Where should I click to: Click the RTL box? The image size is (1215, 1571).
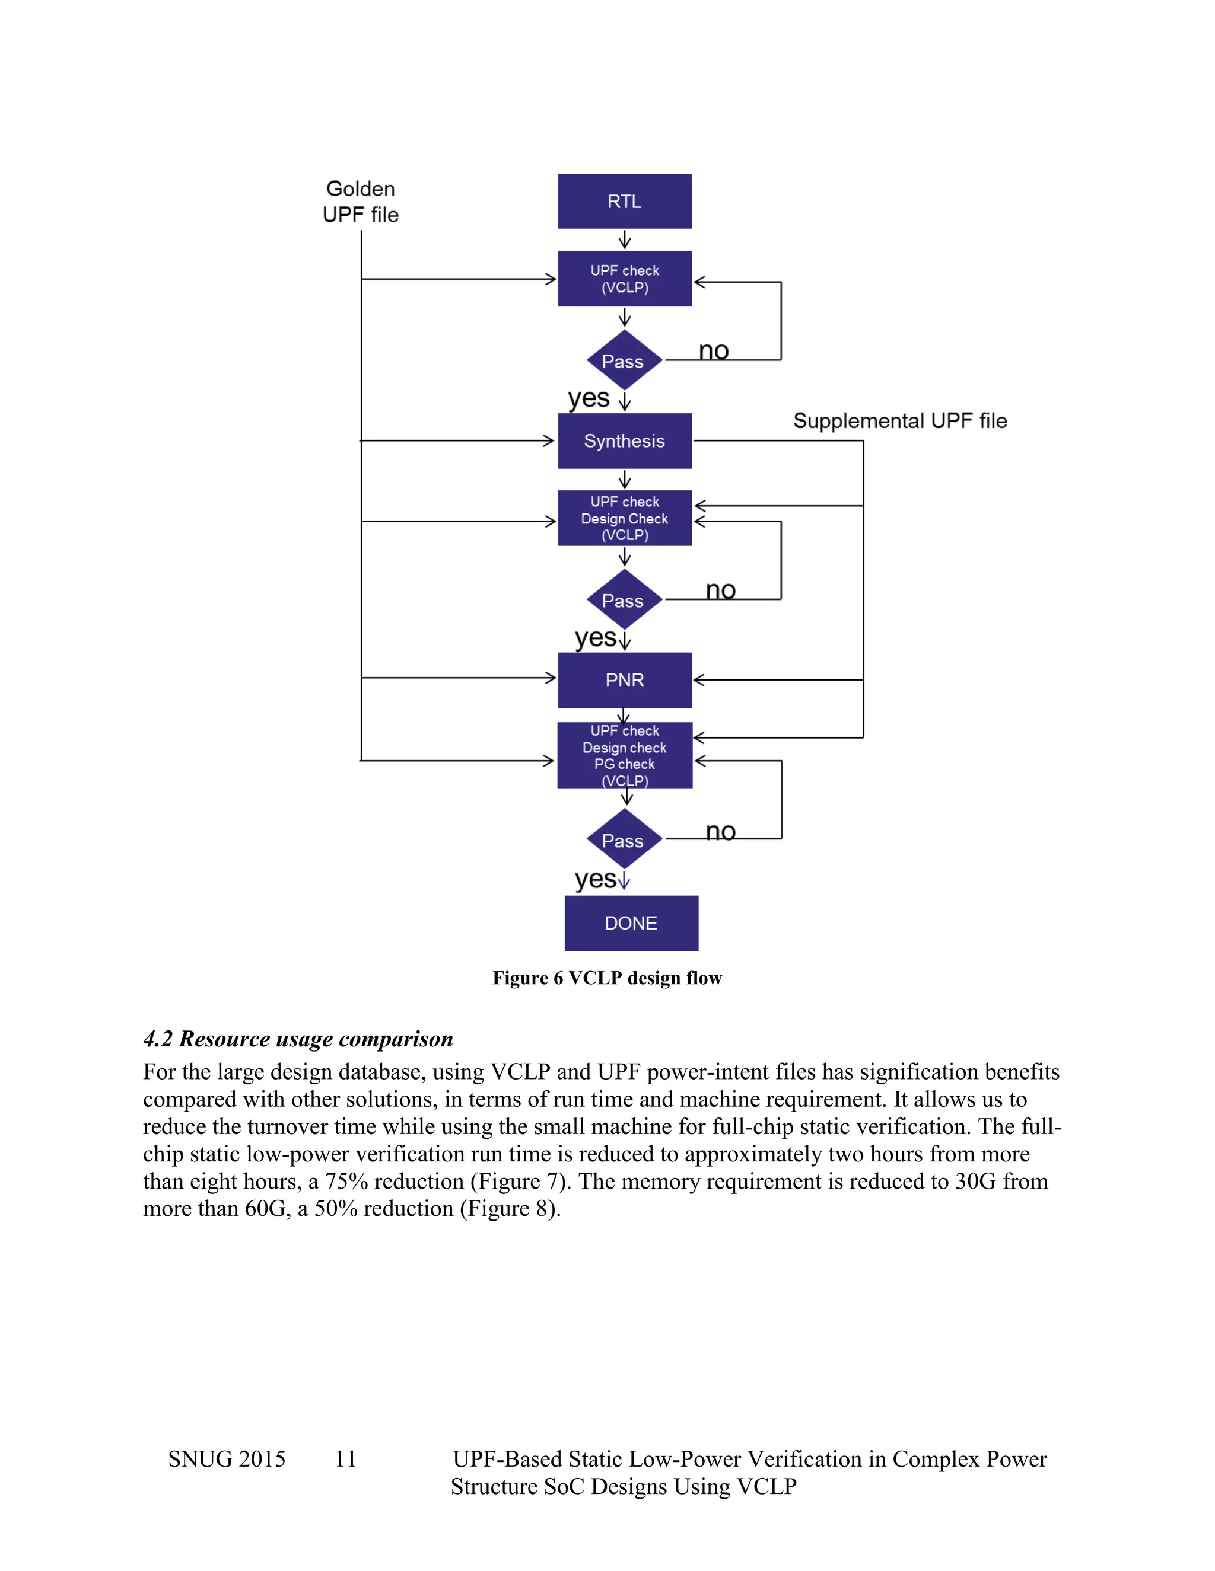point(624,202)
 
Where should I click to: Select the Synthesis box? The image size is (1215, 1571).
point(624,441)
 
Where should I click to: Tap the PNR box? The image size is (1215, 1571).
point(624,680)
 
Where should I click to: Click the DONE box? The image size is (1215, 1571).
point(631,923)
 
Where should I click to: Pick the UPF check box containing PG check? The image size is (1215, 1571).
point(624,755)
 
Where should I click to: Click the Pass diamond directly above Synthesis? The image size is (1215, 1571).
point(624,361)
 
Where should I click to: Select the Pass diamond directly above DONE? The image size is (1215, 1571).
point(624,840)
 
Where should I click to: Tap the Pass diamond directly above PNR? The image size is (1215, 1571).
point(624,601)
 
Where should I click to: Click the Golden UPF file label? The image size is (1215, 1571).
point(360,202)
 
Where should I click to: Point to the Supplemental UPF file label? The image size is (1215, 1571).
point(900,421)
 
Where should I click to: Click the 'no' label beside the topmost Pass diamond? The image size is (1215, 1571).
point(713,351)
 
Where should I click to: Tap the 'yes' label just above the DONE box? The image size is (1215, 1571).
point(595,879)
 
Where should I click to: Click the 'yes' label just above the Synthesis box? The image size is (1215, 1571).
point(588,398)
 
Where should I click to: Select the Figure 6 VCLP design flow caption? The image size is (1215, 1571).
point(607,978)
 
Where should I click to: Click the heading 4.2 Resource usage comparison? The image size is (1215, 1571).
point(298,1039)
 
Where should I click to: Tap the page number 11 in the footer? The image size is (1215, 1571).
point(345,1459)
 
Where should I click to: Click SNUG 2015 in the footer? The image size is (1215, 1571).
point(227,1459)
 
